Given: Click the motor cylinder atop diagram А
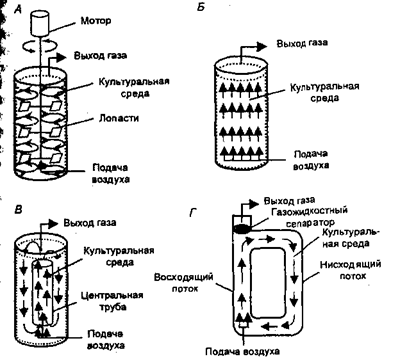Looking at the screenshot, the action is click(x=40, y=23).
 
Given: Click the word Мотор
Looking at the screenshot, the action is click(x=96, y=21).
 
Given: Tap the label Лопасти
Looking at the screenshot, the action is click(x=119, y=118).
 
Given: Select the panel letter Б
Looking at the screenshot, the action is click(x=201, y=7).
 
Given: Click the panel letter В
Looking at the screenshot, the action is click(x=19, y=210).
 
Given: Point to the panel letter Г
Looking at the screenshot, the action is click(x=193, y=212).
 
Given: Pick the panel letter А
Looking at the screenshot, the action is click(x=18, y=9).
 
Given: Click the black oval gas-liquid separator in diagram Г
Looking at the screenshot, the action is click(x=241, y=228).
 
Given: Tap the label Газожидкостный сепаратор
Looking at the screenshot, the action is click(x=310, y=217).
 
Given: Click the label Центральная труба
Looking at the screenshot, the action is click(x=113, y=301).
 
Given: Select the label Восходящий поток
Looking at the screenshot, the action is click(x=183, y=282).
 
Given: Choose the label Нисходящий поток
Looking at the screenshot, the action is click(x=350, y=270).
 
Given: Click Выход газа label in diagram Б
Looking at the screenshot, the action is click(x=302, y=44).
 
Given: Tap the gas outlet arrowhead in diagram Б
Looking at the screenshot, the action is click(x=261, y=47).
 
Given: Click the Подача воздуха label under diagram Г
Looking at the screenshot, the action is click(x=242, y=351).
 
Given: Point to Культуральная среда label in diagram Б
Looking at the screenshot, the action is click(x=324, y=92).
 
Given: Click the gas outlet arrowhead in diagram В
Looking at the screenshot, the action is click(x=52, y=223).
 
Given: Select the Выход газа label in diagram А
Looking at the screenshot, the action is click(x=100, y=55).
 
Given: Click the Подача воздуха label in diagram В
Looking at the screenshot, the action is click(x=106, y=339).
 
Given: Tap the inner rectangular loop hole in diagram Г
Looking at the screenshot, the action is click(x=268, y=283).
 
